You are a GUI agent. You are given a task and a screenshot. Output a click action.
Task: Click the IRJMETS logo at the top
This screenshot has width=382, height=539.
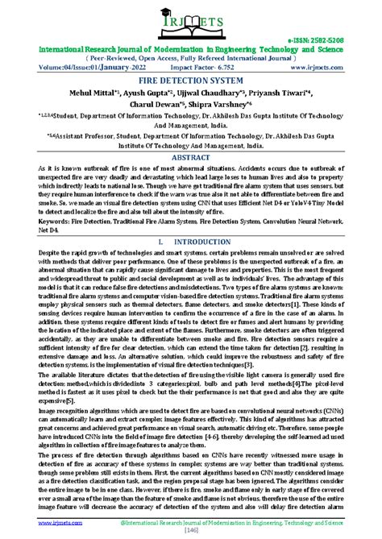(190, 24)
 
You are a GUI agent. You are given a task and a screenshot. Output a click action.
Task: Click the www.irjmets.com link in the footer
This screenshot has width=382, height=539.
(33, 523)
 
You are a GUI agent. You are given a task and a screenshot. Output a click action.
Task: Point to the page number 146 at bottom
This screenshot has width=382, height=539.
(191, 532)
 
